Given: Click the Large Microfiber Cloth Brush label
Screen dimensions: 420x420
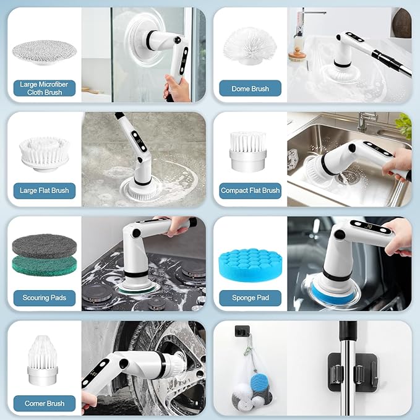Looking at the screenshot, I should [45, 88].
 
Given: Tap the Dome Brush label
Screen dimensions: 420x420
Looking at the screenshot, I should [250, 88].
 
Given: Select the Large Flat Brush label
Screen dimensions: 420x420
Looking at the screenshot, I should [45, 191].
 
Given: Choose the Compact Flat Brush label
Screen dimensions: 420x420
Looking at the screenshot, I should [250, 191].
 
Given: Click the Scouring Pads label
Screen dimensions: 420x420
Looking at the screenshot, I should [45, 298].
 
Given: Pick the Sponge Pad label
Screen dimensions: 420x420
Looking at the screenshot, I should [250, 298].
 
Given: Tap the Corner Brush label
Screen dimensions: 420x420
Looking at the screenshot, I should [45, 403].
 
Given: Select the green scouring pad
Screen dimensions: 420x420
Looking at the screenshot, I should [45, 267].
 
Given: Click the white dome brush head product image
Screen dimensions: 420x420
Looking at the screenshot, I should [250, 47].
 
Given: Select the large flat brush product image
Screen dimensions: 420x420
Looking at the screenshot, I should [44, 153].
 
